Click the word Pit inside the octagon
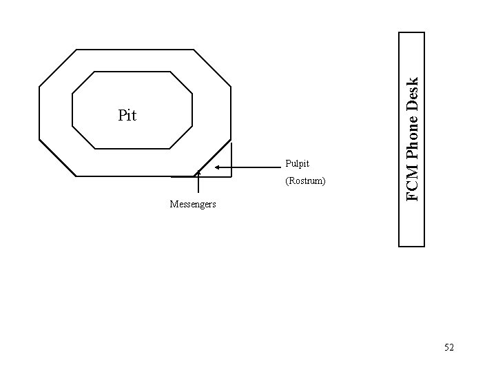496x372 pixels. (x=127, y=115)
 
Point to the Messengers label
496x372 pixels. (x=194, y=204)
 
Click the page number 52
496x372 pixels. (x=449, y=348)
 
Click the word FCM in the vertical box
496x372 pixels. (x=412, y=187)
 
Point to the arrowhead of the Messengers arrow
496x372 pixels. (x=198, y=172)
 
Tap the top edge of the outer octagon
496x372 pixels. (x=134, y=50)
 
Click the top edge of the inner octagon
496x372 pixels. (x=131, y=71)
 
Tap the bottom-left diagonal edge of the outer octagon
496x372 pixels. (x=58, y=158)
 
